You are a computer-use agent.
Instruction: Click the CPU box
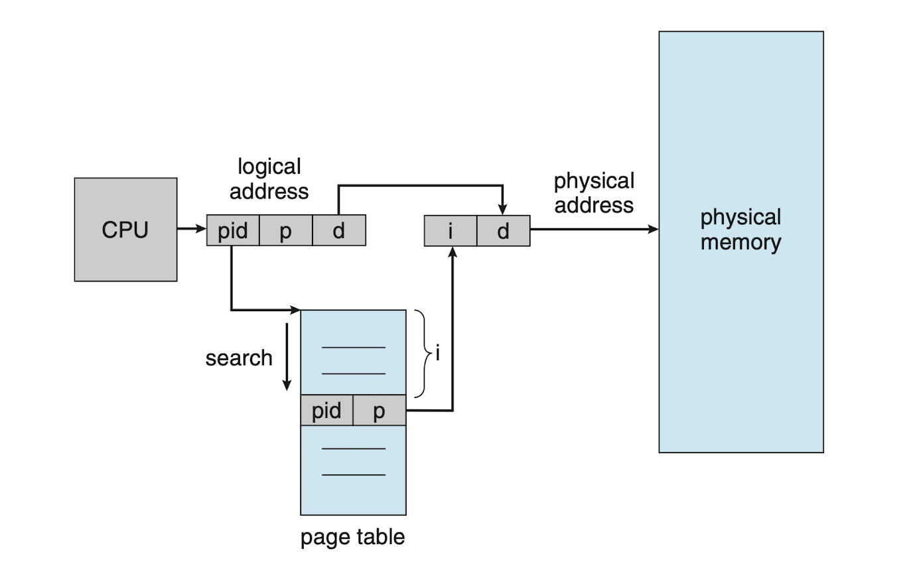(x=126, y=230)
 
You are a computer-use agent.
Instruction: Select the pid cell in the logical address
(x=233, y=230)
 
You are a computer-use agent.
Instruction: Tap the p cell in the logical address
(x=286, y=230)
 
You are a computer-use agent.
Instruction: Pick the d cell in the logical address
(x=339, y=230)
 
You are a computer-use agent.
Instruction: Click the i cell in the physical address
(x=450, y=231)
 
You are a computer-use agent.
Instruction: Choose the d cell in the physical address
(x=504, y=231)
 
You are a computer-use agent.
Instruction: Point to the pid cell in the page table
(x=327, y=410)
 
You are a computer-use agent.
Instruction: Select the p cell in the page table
(x=379, y=410)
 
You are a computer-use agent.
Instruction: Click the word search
(x=239, y=358)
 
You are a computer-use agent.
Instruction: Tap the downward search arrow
(x=287, y=356)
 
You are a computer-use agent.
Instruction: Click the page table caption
(x=353, y=537)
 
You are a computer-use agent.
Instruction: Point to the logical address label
(x=269, y=179)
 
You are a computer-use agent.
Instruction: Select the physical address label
(x=594, y=193)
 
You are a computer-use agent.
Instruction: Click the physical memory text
(x=741, y=230)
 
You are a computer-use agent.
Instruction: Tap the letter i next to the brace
(x=438, y=354)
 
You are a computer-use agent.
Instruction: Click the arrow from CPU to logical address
(x=192, y=229)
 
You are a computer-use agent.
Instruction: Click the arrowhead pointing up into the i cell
(x=452, y=251)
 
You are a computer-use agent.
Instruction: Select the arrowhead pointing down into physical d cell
(x=502, y=210)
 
